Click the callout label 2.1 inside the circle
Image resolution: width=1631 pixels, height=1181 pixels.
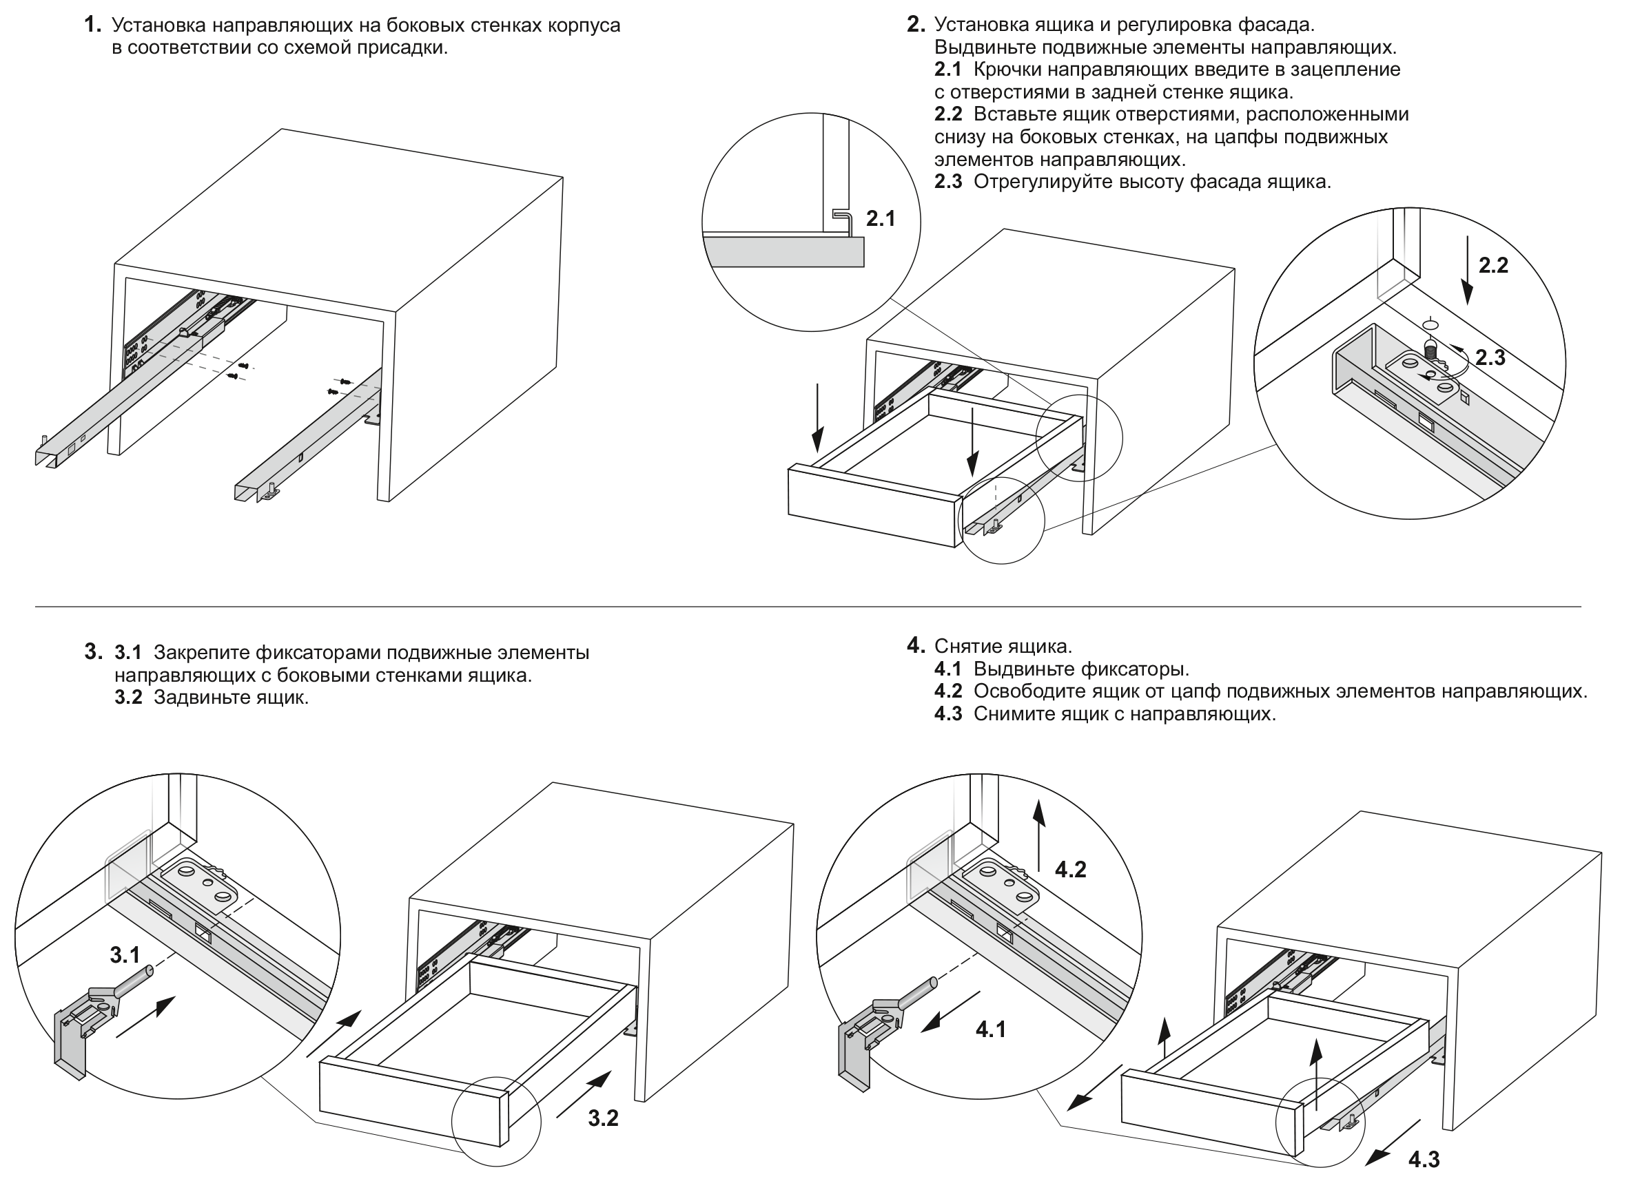click(x=880, y=218)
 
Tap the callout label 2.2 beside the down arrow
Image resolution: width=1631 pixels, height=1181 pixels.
click(x=1493, y=265)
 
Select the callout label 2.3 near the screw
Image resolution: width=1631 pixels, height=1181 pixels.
click(x=1490, y=357)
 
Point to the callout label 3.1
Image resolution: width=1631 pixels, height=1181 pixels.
click(x=125, y=955)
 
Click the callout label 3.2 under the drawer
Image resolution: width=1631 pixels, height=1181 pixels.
click(x=604, y=1118)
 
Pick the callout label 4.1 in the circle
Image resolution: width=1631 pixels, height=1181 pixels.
click(x=991, y=1030)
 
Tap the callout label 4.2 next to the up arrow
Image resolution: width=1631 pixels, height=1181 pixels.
click(x=1071, y=870)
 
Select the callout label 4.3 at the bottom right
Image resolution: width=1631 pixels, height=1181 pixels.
click(x=1424, y=1160)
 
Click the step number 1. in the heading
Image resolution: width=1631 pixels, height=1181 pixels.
click(x=93, y=24)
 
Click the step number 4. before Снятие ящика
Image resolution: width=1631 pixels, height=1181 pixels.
click(x=916, y=645)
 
